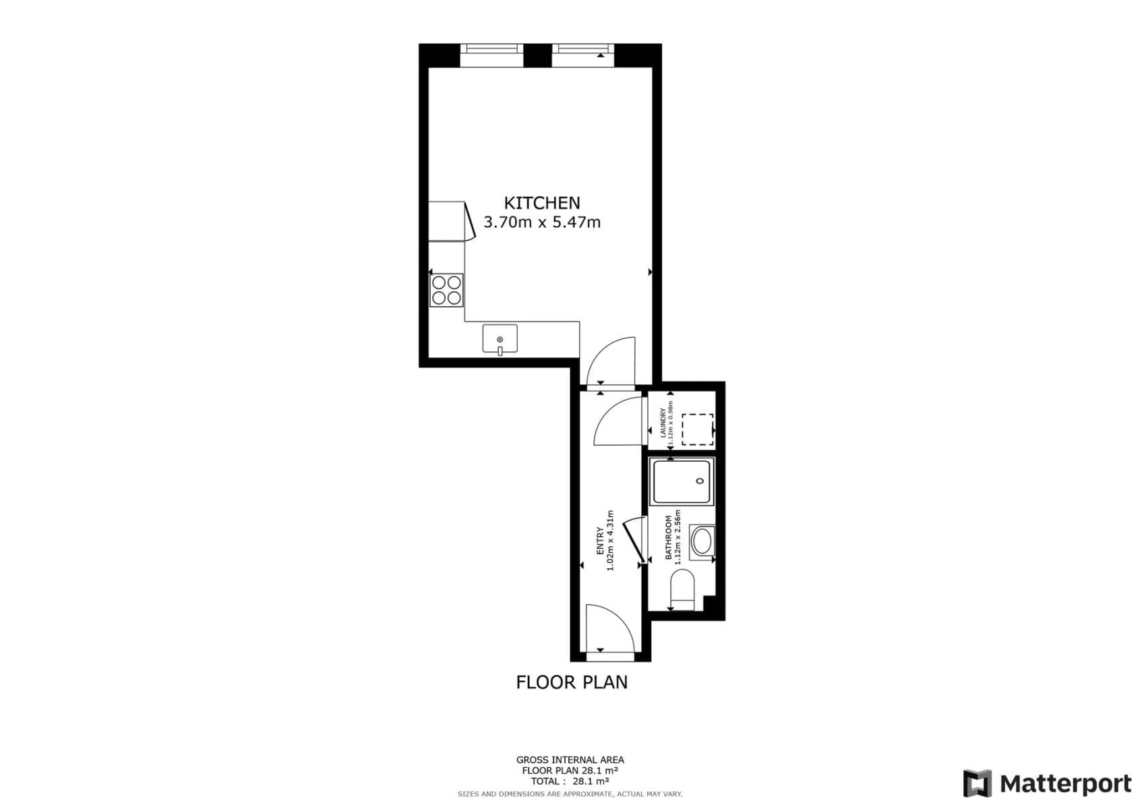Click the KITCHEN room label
tap(542, 203)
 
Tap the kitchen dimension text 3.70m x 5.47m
tap(542, 222)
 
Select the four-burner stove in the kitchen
tap(446, 291)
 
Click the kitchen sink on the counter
tap(500, 338)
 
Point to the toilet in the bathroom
tap(683, 588)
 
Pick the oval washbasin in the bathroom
tap(702, 541)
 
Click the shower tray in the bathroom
tap(682, 481)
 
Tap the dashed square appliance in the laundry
tap(697, 429)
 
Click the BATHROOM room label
tap(669, 537)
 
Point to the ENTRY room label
tap(600, 541)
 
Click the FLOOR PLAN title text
tap(572, 682)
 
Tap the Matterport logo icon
tap(977, 783)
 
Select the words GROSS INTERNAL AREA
tap(570, 760)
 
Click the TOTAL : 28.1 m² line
tap(570, 781)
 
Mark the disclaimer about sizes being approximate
tap(570, 794)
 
